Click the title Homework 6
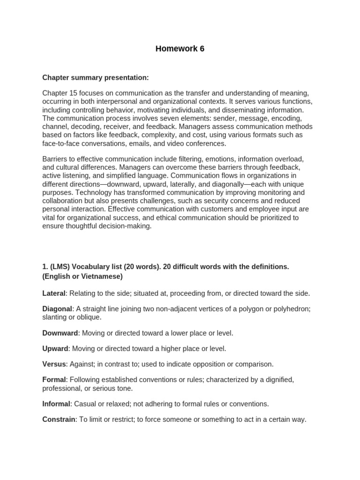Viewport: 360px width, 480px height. click(x=180, y=49)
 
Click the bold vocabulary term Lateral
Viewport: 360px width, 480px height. click(x=54, y=293)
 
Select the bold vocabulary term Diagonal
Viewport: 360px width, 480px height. click(x=57, y=309)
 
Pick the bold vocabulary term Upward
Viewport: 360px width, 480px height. click(x=55, y=348)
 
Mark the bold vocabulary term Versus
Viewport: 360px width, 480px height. click(x=54, y=364)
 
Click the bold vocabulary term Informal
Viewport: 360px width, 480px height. click(x=56, y=404)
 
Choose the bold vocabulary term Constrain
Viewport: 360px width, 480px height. click(x=59, y=420)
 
